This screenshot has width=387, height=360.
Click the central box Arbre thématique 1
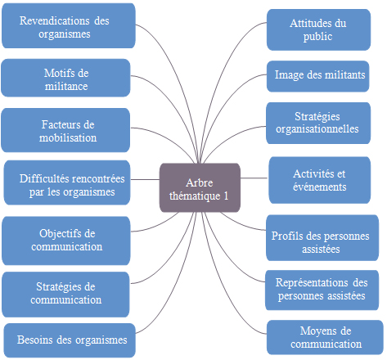click(200, 187)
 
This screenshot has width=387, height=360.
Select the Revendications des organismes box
click(69, 26)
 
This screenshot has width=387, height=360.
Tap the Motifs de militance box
click(65, 78)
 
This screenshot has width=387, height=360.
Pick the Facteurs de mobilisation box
click(65, 130)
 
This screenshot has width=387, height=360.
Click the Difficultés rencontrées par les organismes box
click(67, 182)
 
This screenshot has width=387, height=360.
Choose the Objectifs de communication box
click(66, 241)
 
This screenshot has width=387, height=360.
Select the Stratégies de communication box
click(65, 295)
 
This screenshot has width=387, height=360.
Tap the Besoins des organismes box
click(70, 340)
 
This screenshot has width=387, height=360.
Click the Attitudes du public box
click(318, 29)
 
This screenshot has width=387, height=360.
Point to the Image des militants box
click(317, 76)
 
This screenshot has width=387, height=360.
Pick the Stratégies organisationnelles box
click(318, 123)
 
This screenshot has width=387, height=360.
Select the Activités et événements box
click(320, 180)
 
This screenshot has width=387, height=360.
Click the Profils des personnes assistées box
click(322, 238)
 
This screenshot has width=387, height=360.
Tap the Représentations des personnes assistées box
click(322, 290)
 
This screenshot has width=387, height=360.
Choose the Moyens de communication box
click(325, 337)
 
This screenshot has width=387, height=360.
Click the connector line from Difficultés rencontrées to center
click(145, 179)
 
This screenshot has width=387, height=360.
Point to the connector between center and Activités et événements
click(254, 178)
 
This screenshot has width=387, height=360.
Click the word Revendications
click(54, 20)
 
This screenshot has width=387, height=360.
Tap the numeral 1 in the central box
click(226, 196)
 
